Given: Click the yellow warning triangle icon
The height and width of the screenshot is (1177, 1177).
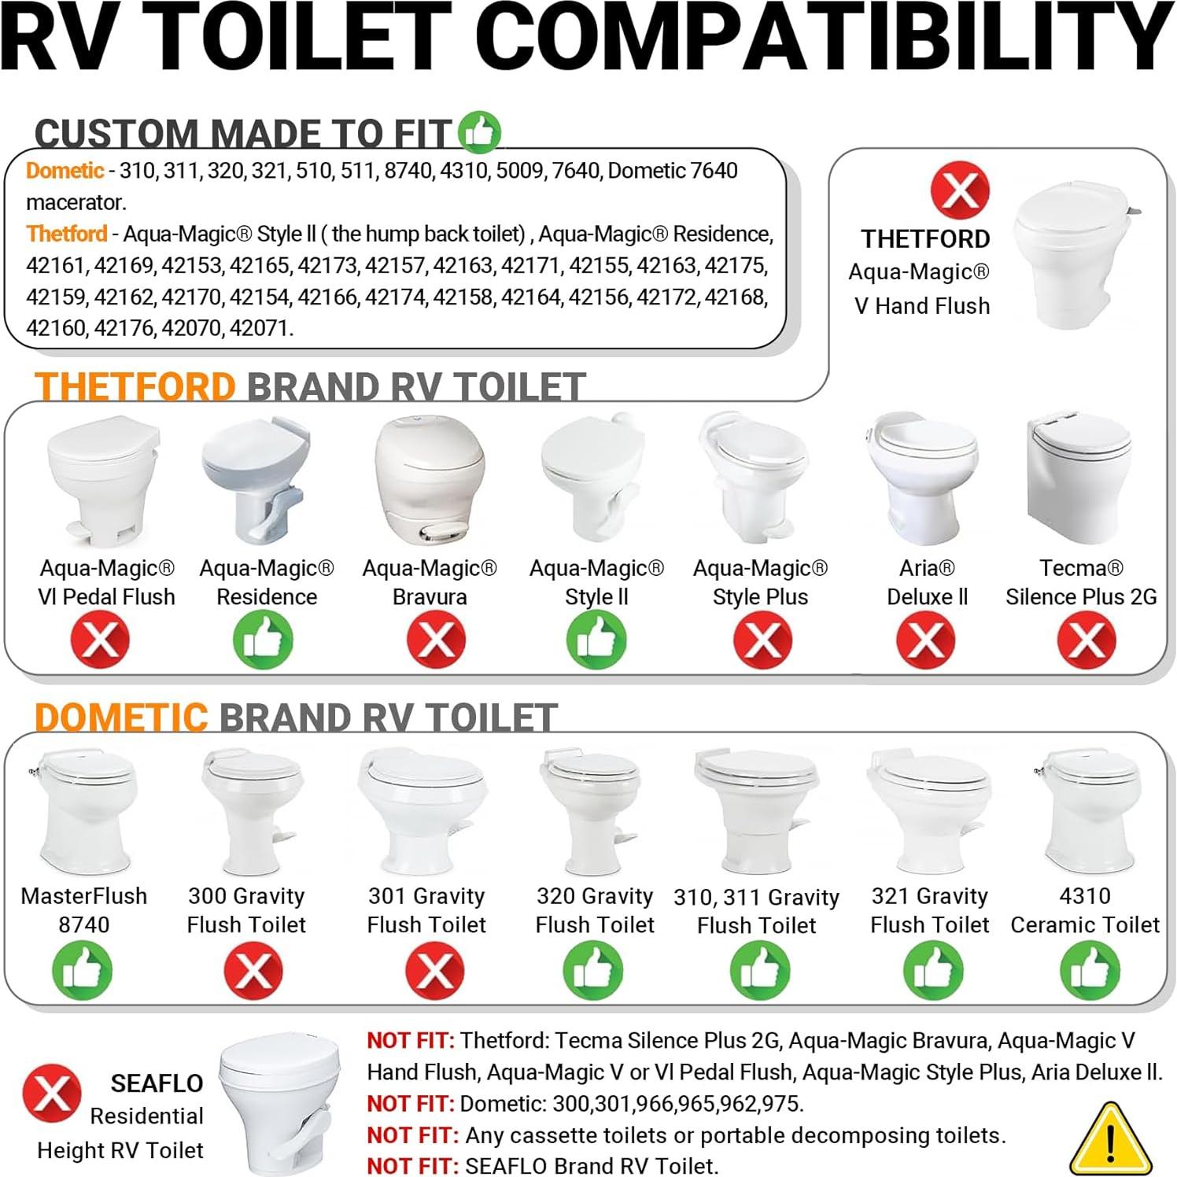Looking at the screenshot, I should pos(1110,1142).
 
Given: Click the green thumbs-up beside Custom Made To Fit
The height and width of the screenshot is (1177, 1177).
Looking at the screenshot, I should pos(479,131).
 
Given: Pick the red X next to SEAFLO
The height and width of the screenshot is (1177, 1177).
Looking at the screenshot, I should pos(51,1093).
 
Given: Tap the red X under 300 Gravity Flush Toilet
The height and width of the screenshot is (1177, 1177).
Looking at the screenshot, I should pos(253,970).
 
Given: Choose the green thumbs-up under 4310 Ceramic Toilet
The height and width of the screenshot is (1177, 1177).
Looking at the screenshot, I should pos(1090,970).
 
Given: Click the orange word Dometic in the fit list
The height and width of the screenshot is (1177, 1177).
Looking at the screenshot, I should pos(65,171).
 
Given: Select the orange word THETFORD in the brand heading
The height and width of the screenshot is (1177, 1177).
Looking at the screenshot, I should pos(135,387).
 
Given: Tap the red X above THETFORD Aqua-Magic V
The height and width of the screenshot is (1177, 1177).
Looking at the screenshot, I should pos(960,190).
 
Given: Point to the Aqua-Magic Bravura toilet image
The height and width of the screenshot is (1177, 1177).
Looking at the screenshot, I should pos(429,480).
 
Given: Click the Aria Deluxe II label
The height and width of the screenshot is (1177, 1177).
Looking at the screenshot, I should pos(927,582).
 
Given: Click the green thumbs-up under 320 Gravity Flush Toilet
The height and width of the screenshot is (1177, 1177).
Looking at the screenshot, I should pos(592,970).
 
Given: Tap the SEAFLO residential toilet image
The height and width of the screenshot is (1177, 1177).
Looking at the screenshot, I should pos(282,1101).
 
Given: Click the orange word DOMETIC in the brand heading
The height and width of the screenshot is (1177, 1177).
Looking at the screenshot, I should pos(121,718).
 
